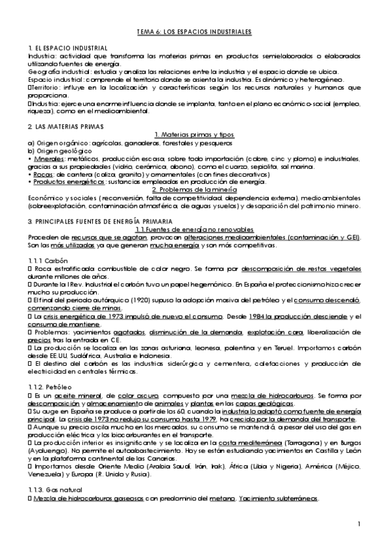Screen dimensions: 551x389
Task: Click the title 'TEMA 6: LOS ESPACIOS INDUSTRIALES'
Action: point(194,31)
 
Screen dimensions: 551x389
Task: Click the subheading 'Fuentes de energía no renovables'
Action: point(194,230)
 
